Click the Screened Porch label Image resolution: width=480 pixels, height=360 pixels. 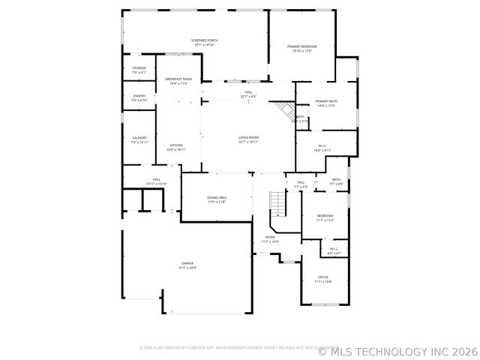[203, 40]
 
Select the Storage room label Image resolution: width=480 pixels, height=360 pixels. [139, 68]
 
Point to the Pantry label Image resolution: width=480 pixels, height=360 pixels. [139, 95]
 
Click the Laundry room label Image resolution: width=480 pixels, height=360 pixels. [139, 137]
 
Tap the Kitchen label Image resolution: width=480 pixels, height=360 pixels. [176, 145]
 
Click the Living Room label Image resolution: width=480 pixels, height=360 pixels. [248, 137]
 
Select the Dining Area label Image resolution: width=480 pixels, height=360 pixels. [217, 197]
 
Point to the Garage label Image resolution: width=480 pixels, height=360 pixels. [187, 263]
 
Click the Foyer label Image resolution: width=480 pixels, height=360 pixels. [270, 237]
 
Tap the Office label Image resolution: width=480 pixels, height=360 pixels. [323, 277]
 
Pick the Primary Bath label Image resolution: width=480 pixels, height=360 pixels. [326, 101]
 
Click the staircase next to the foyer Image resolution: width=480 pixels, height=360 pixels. [277, 202]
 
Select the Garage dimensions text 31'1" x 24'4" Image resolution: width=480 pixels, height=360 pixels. [187, 268]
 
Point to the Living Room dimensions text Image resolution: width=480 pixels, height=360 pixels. [248, 142]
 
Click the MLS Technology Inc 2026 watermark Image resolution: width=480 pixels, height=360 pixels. [397, 350]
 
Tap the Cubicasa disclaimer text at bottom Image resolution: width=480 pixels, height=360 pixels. [229, 347]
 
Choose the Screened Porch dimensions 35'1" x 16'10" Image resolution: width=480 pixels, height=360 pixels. [203, 44]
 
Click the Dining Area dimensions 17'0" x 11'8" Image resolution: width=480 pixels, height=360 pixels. [217, 202]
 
